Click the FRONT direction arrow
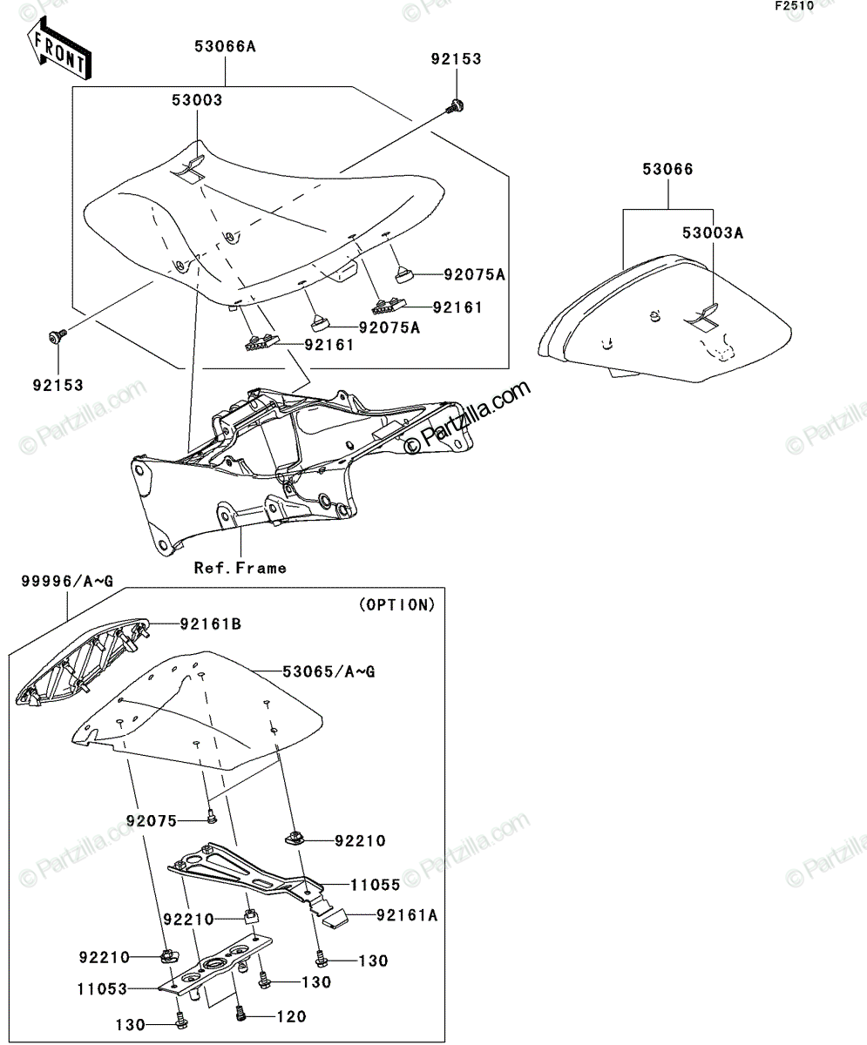pos(59,48)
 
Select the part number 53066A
pos(225,46)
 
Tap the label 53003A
pos(712,233)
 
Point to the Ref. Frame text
pos(240,568)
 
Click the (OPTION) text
pos(397,604)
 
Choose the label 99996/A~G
pos(67,581)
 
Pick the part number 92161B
pos(210,624)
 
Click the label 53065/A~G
pos(329,671)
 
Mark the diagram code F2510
pos(795,6)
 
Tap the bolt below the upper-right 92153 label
pos(455,105)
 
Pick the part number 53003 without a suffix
pos(197,100)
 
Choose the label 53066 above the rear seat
pos(668,169)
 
